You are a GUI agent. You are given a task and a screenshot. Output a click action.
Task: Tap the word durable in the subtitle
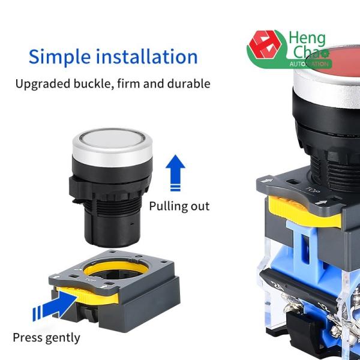[189, 83]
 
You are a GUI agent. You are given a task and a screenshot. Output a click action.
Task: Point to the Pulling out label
[179, 206]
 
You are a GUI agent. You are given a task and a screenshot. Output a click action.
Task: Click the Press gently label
[46, 337]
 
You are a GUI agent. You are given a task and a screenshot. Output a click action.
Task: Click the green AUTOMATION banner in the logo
[308, 63]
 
